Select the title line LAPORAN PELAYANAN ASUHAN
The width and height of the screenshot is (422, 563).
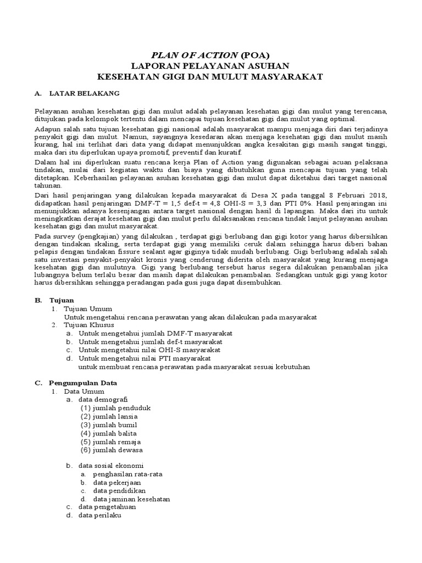click(211, 65)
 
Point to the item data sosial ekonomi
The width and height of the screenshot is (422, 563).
click(112, 466)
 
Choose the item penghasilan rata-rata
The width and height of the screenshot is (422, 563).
click(127, 474)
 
